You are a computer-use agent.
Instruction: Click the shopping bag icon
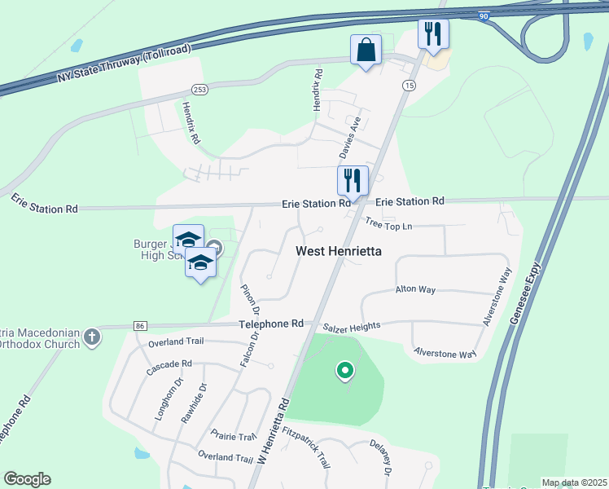click(x=366, y=51)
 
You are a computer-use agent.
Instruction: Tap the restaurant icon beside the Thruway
click(x=432, y=34)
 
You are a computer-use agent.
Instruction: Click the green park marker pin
click(x=345, y=372)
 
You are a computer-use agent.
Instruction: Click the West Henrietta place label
click(x=338, y=252)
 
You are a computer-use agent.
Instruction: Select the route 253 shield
click(x=199, y=89)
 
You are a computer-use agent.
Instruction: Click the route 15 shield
click(x=408, y=86)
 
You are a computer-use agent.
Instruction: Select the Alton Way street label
click(x=415, y=289)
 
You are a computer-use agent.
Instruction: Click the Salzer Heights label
click(x=352, y=327)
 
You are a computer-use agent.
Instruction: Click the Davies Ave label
click(x=349, y=139)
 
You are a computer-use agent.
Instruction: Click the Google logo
click(x=27, y=479)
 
